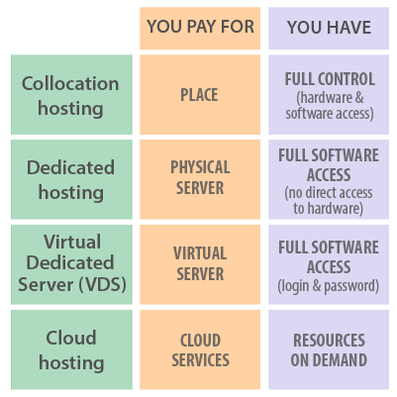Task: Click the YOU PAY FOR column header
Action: point(200,28)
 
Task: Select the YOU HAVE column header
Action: point(329,28)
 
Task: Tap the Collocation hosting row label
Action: point(71,95)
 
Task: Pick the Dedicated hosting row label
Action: point(71,179)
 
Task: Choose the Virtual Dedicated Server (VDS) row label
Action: point(71,264)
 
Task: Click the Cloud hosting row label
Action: point(71,349)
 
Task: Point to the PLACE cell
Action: point(200,95)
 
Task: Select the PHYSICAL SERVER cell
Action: point(200,179)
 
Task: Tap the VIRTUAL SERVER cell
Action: point(200,264)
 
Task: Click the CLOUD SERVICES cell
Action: point(200,349)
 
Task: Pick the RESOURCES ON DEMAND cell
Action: point(329,349)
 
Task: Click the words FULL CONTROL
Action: point(330,79)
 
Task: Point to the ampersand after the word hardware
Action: point(359,97)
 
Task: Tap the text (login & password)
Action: point(329,286)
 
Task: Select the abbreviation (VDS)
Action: point(103,284)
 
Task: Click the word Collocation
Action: point(70,83)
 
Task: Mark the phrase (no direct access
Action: point(329,193)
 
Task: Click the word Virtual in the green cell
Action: point(72,242)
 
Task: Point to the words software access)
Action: point(330,114)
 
